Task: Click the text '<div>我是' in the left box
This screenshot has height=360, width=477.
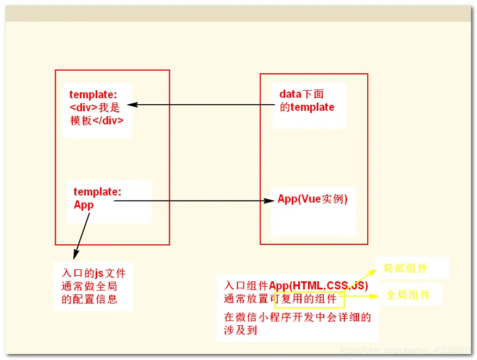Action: pos(95,108)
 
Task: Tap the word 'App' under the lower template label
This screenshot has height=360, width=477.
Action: pos(84,205)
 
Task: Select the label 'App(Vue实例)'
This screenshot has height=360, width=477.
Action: pos(312,199)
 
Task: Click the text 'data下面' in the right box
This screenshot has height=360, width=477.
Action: pos(302,94)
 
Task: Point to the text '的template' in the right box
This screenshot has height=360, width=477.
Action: pos(307,107)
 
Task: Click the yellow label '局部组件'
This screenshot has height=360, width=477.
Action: pos(405,268)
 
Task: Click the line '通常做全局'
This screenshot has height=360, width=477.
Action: pos(90,286)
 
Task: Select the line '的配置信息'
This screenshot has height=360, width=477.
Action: pos(90,299)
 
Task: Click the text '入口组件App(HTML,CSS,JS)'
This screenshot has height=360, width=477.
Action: pos(296,286)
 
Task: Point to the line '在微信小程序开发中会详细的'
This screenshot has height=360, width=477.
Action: pos(298,317)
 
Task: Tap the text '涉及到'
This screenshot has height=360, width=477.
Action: pos(240,330)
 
